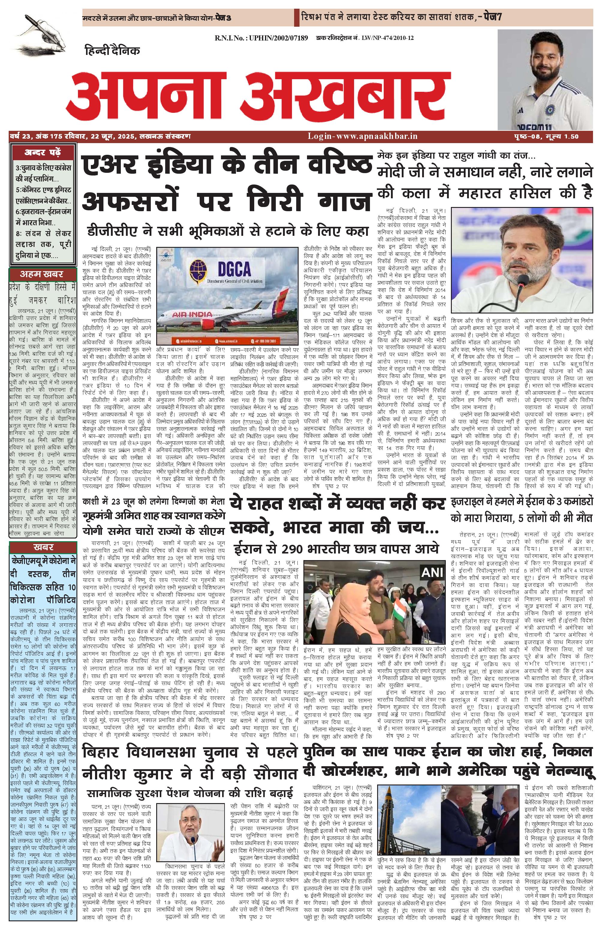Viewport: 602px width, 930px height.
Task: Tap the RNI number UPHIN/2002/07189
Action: coord(261,38)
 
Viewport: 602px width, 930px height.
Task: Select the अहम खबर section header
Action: coord(42,274)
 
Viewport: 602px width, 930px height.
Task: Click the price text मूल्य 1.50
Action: coord(562,136)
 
